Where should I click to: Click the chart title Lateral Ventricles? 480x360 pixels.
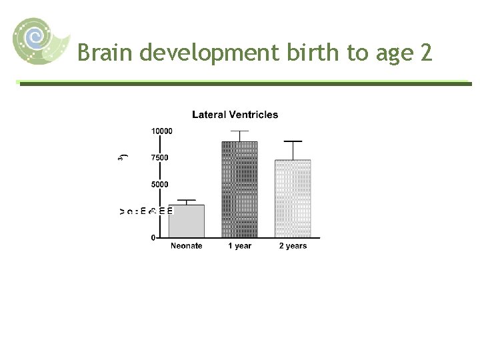click(x=235, y=115)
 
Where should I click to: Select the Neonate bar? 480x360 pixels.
click(x=186, y=221)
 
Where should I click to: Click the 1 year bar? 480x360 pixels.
click(x=239, y=189)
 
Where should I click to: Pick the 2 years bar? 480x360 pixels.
click(x=293, y=199)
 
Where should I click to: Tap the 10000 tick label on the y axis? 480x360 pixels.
click(x=161, y=131)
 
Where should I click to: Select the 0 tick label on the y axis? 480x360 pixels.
click(x=153, y=237)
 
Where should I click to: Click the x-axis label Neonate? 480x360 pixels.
click(x=186, y=246)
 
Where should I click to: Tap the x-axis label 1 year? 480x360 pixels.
click(x=239, y=246)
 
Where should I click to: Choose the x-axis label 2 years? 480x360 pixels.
click(x=293, y=246)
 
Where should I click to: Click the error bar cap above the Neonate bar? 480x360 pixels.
click(x=186, y=200)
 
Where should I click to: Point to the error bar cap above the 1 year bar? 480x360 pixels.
click(x=239, y=131)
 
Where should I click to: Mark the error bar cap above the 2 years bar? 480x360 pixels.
click(x=293, y=141)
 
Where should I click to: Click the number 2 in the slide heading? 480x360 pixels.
click(x=427, y=52)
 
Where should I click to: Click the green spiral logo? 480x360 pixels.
click(x=39, y=40)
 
